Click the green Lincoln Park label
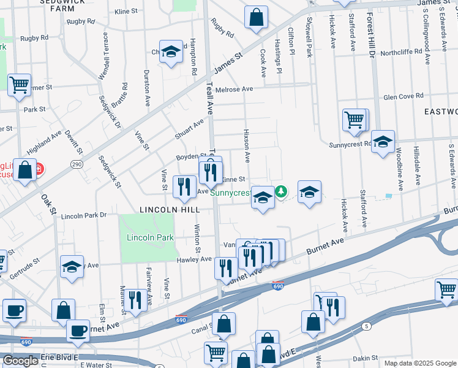tap(150, 238)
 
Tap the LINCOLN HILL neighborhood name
tap(170, 210)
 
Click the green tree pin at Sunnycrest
tap(280, 192)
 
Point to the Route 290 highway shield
tap(77, 165)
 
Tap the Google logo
tap(20, 361)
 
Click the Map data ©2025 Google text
tap(420, 363)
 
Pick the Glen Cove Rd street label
tap(403, 96)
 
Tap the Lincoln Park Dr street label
tap(84, 216)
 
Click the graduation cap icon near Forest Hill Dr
tap(383, 142)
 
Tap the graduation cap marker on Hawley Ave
tap(72, 267)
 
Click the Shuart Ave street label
tap(189, 129)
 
